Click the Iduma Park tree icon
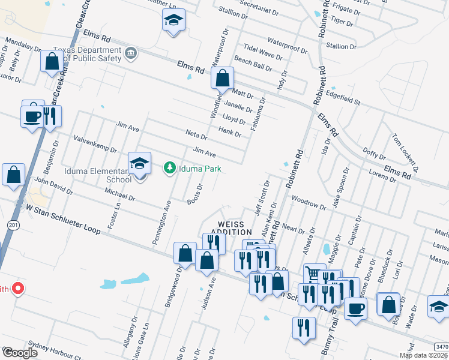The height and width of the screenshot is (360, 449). tap(170, 167)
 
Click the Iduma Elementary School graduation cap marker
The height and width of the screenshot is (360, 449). tap(139, 163)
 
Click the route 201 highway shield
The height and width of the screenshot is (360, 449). tap(13, 224)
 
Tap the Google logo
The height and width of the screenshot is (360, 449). tap(20, 353)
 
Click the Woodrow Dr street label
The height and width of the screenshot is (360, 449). tap(308, 202)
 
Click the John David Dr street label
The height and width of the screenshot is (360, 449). tap(53, 187)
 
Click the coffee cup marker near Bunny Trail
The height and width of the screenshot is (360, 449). tap(355, 308)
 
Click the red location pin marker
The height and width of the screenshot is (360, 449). tap(18, 289)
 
